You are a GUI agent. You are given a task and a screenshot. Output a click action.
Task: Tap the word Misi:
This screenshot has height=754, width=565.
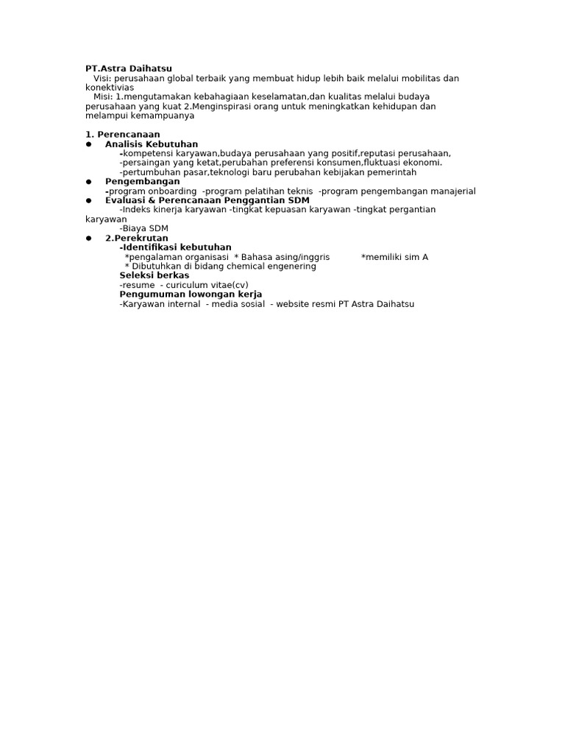[x=104, y=96]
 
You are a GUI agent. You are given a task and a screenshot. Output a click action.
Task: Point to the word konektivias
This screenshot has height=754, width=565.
[x=110, y=88]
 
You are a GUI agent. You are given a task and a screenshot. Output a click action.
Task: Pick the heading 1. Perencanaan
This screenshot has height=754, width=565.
[x=122, y=135]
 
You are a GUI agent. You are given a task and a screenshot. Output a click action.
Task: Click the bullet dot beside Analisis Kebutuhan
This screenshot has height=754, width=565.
[x=88, y=144]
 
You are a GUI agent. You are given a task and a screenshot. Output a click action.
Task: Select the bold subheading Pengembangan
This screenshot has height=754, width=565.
[x=142, y=181]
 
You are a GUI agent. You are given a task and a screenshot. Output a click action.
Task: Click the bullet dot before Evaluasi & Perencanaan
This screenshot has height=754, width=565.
[x=88, y=200]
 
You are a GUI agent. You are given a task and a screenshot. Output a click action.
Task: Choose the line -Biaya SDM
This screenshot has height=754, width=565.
[x=144, y=228]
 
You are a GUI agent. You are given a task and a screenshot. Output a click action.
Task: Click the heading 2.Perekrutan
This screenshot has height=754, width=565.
[x=137, y=239]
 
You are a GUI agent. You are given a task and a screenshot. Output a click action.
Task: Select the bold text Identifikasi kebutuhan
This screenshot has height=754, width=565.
[x=177, y=247]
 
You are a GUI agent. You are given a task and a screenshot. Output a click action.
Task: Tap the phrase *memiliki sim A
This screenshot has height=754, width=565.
[x=394, y=257]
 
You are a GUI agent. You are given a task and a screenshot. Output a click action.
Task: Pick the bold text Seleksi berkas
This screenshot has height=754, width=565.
[x=154, y=275]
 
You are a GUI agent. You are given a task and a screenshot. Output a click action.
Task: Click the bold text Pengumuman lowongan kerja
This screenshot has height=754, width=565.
[x=191, y=294]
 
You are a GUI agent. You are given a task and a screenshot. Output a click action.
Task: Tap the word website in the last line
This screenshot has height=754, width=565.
[x=292, y=303]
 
